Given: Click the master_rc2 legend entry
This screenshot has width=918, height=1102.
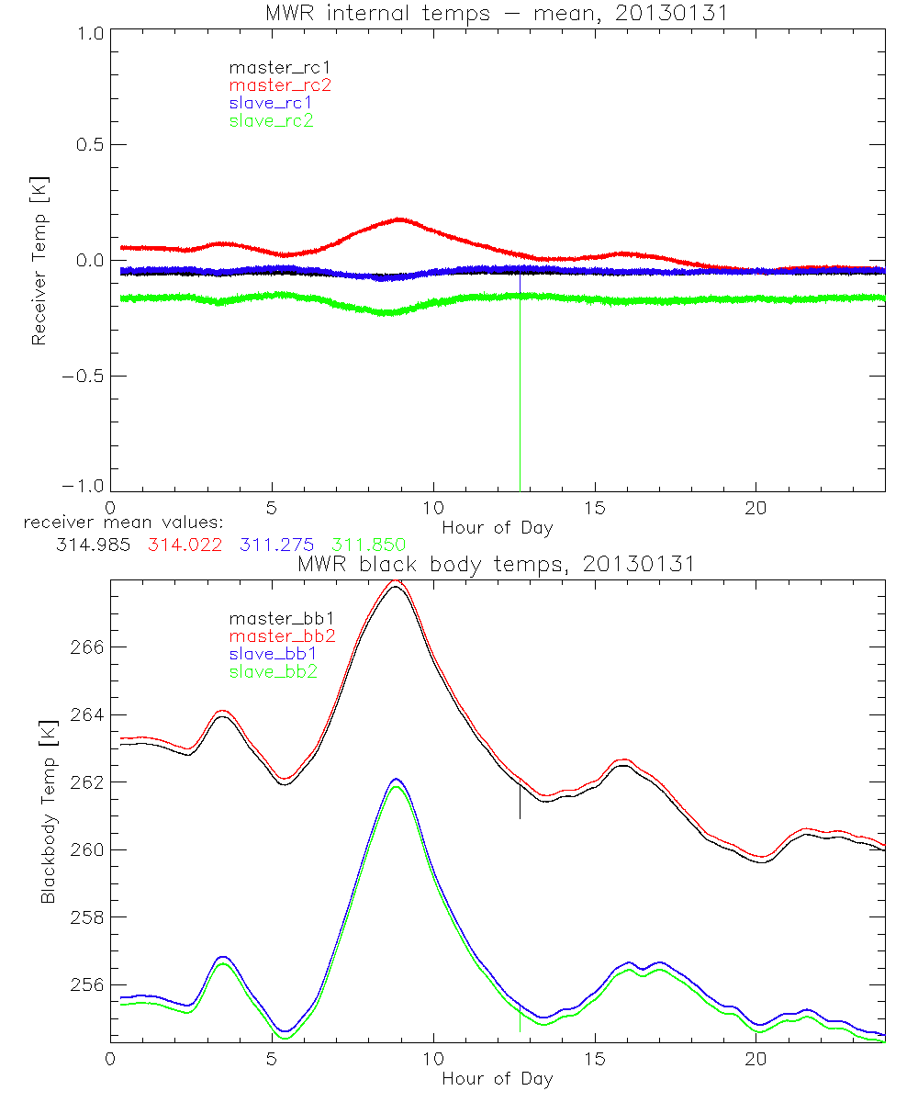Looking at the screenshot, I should pyautogui.click(x=280, y=84).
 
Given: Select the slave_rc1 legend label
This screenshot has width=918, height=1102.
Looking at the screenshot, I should pyautogui.click(x=271, y=102).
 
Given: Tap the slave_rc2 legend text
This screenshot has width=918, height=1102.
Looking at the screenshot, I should pyautogui.click(x=271, y=120).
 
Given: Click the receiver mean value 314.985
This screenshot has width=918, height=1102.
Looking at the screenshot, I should pyautogui.click(x=89, y=545).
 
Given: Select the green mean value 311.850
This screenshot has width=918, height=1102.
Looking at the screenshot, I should pyautogui.click(x=368, y=545).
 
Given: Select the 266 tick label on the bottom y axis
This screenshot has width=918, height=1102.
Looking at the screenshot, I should pyautogui.click(x=87, y=647).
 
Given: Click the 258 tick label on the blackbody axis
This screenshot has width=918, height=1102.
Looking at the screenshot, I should pyautogui.click(x=87, y=917).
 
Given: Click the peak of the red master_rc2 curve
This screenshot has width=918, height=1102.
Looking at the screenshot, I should pyautogui.click(x=399, y=219).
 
